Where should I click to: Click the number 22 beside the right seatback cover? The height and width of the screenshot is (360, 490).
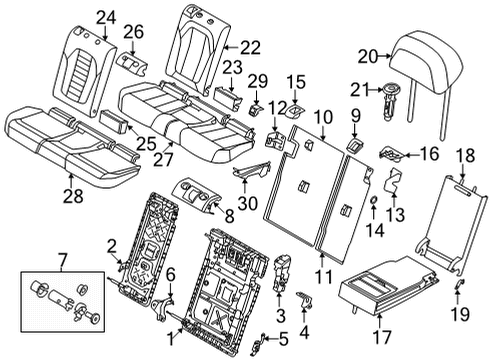coord(250,46)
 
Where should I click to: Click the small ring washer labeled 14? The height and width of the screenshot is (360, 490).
coord(371,212)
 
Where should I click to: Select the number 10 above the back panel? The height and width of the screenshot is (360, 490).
coord(325,118)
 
